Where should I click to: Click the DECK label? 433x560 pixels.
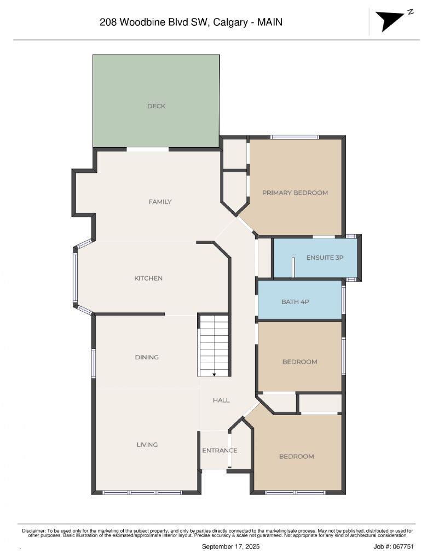156,106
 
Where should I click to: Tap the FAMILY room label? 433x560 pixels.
160,202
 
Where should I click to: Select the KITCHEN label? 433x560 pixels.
148,278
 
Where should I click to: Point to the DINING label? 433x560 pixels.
147,357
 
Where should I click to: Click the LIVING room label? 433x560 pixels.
147,445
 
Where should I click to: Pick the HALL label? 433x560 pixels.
221,400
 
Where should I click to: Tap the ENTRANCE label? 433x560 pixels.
220,451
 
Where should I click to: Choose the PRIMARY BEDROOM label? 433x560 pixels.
295,192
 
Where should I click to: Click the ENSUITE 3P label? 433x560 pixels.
325,257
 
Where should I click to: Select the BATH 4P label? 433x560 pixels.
295,301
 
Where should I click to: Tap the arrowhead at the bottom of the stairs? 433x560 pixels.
214,375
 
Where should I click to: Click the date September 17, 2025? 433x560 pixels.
230,546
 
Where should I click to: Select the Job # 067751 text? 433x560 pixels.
393,546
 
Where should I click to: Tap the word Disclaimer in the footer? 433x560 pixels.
35,530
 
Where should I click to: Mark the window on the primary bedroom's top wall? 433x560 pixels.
295,137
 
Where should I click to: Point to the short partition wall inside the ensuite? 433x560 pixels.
294,267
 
